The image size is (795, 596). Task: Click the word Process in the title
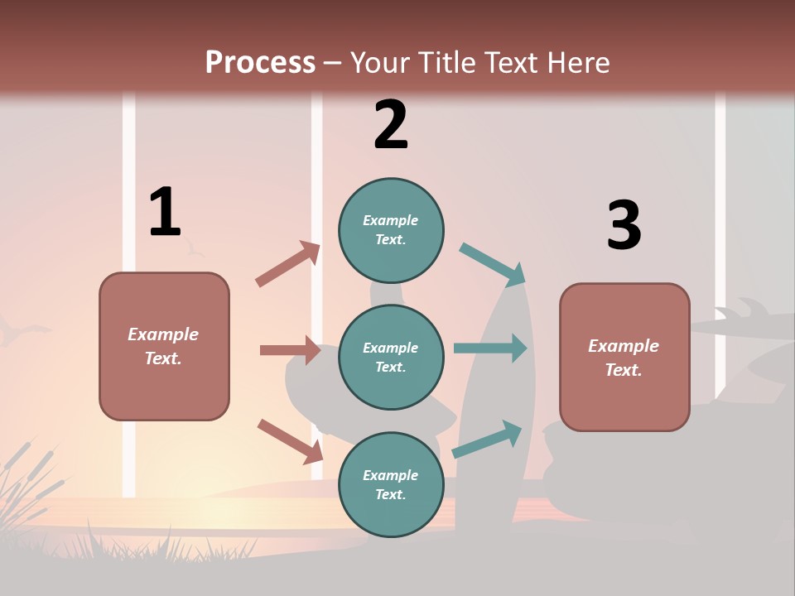click(260, 62)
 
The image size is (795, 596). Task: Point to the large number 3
click(624, 225)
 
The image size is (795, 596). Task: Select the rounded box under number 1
click(164, 346)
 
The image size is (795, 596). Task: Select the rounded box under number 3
click(624, 358)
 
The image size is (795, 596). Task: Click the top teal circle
click(391, 230)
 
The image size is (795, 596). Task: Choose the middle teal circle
click(391, 357)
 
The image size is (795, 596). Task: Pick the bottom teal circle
click(391, 484)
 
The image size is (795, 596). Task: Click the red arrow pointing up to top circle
click(288, 264)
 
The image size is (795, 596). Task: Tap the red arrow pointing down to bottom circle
click(290, 441)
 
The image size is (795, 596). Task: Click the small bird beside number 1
click(194, 247)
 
